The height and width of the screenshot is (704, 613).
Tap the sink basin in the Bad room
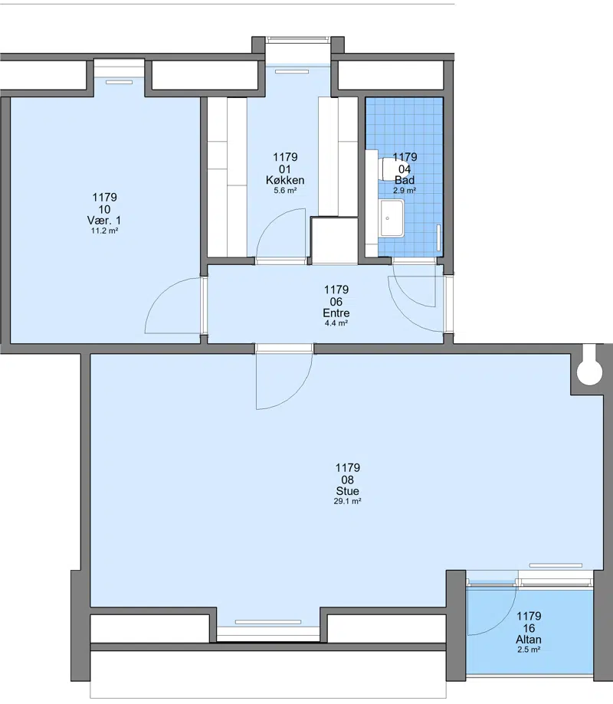[392, 218]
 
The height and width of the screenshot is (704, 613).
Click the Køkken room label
[285, 181]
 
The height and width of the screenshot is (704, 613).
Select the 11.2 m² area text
[105, 231]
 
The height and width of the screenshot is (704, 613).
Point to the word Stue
[348, 491]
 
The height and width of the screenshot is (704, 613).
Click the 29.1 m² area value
[348, 502]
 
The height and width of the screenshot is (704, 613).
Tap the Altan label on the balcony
[529, 640]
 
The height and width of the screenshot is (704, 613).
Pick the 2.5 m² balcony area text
[529, 650]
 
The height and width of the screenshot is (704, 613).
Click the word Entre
[336, 313]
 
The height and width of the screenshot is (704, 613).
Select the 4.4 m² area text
[336, 323]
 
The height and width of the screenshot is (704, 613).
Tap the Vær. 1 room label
[104, 221]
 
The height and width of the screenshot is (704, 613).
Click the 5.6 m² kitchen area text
[285, 191]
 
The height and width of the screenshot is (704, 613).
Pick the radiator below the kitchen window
[292, 71]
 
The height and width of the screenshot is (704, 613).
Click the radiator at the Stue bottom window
[268, 622]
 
